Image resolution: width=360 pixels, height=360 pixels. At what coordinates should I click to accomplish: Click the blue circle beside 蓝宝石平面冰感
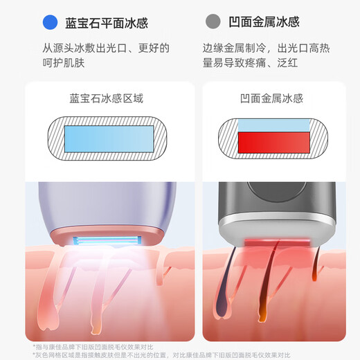coord(48,21)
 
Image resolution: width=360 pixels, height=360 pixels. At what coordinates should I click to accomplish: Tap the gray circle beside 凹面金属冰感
coord(213,21)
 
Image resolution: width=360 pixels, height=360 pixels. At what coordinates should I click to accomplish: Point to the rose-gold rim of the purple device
coord(104,231)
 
